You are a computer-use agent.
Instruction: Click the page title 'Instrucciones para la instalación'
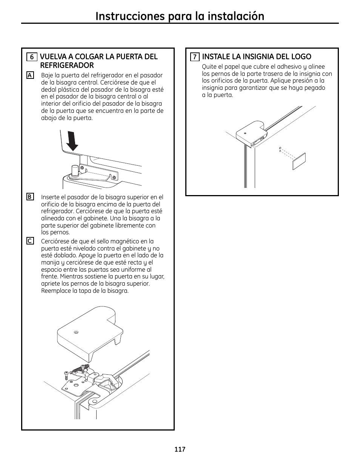pyautogui.click(x=180, y=16)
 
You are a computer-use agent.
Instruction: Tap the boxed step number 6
pyautogui.click(x=32, y=57)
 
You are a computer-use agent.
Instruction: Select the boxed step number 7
pyautogui.click(x=195, y=57)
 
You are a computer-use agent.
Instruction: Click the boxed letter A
pyautogui.click(x=30, y=75)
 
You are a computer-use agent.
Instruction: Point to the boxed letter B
pyautogui.click(x=30, y=197)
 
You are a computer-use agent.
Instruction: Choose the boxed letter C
pyautogui.click(x=30, y=241)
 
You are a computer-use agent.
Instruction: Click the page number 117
pyautogui.click(x=180, y=449)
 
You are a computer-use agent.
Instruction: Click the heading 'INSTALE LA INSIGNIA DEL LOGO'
pyautogui.click(x=257, y=57)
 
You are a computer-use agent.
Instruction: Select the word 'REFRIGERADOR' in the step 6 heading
pyautogui.click(x=67, y=65)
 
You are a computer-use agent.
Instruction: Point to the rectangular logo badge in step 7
pyautogui.click(x=298, y=161)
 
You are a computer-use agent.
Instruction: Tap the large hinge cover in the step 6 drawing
pyautogui.click(x=89, y=332)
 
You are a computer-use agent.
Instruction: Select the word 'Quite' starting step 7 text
pyautogui.click(x=209, y=67)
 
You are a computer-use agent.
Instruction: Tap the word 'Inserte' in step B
pyautogui.click(x=51, y=197)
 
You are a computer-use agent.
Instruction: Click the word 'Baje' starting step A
pyautogui.click(x=47, y=75)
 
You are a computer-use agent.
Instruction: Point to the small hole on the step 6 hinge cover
pyautogui.click(x=76, y=332)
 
